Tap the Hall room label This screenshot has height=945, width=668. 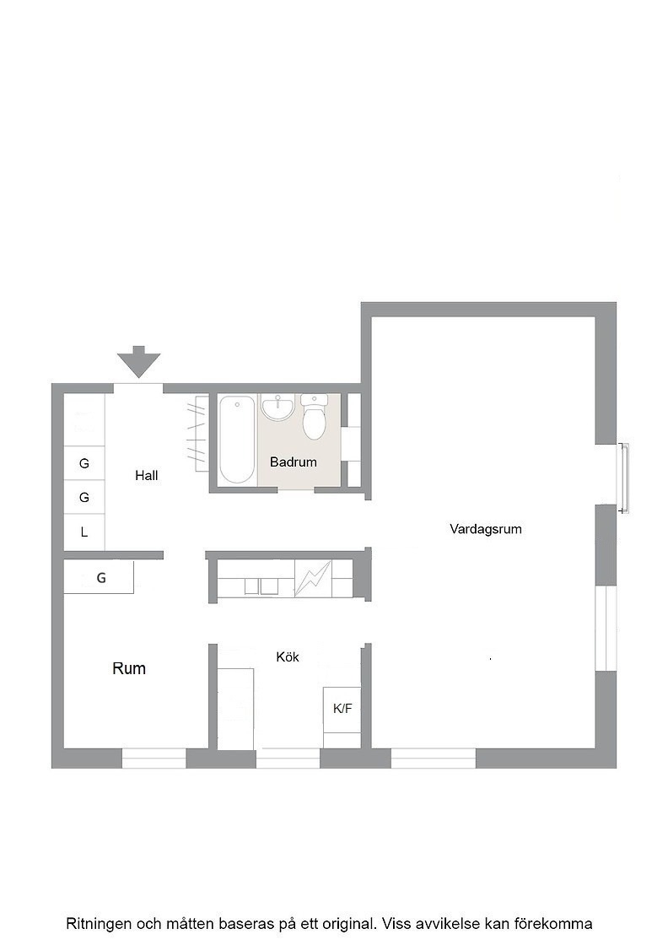(x=147, y=476)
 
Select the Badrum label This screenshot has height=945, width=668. (x=294, y=462)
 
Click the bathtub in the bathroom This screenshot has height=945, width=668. (x=237, y=440)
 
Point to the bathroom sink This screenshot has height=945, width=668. (x=277, y=406)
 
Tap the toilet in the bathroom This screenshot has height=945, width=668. (x=313, y=417)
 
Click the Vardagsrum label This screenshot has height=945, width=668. (x=486, y=529)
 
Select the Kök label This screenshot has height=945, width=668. (x=288, y=657)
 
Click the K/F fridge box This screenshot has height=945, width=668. (x=342, y=709)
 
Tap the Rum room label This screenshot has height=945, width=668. (x=129, y=668)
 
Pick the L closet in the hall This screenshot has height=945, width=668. (x=84, y=532)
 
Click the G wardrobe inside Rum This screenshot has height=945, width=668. (x=99, y=577)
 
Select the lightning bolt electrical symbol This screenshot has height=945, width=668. (x=313, y=579)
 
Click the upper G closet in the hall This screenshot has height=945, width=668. (x=84, y=463)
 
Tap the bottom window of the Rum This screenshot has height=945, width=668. (x=154, y=759)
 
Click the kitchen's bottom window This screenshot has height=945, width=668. (x=288, y=759)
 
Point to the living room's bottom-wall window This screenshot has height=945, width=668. (x=434, y=759)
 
